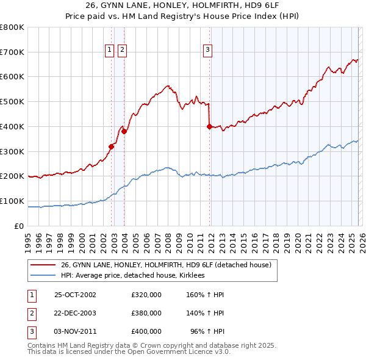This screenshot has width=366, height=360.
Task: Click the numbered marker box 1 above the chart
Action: (x=110, y=50)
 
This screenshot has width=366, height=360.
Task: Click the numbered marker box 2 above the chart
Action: (x=122, y=50)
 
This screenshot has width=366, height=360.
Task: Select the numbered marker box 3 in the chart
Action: (x=207, y=50)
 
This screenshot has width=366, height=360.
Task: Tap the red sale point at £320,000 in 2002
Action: (x=112, y=146)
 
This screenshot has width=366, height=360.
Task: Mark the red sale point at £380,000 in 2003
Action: (x=124, y=131)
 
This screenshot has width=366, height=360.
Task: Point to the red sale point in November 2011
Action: (x=209, y=126)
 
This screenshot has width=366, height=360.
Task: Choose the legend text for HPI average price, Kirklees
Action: (x=132, y=276)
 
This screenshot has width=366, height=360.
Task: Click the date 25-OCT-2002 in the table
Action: (x=75, y=295)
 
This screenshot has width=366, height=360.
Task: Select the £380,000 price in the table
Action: (x=146, y=313)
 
